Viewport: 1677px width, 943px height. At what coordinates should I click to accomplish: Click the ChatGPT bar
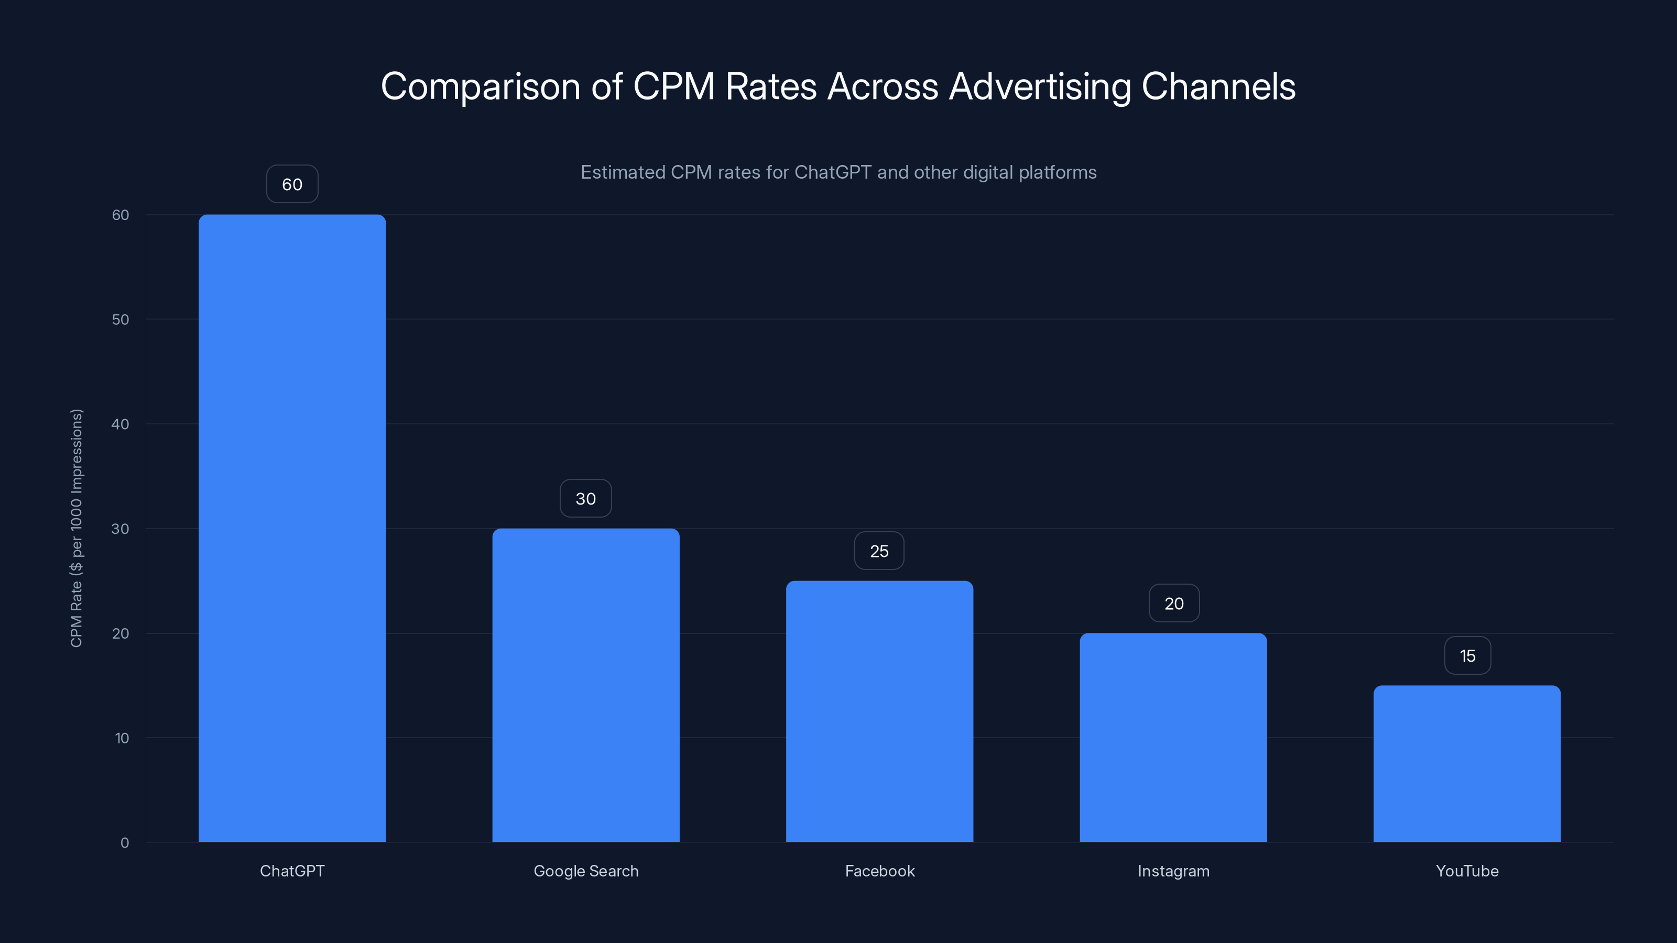(x=292, y=528)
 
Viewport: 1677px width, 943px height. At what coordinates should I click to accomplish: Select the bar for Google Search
(x=585, y=685)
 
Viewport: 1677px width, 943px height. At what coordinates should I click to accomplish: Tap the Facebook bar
(x=879, y=711)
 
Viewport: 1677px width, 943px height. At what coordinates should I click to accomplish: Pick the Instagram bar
(x=1173, y=737)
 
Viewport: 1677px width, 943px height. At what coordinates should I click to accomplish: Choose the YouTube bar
(x=1467, y=763)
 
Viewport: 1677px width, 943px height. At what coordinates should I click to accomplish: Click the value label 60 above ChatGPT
(x=292, y=184)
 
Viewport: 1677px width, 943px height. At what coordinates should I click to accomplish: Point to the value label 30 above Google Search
(x=585, y=499)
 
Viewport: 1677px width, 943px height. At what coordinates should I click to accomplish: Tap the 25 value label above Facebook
(x=879, y=551)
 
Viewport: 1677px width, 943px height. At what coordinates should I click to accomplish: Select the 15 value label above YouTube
(x=1467, y=656)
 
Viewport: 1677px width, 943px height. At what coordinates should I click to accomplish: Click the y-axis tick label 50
(x=121, y=320)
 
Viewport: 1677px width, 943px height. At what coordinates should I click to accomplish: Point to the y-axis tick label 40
(x=121, y=424)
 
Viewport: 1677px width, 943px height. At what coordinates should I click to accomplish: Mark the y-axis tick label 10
(x=122, y=738)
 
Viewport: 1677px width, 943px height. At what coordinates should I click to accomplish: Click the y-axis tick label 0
(x=124, y=843)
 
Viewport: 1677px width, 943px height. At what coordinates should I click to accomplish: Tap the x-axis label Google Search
(x=586, y=871)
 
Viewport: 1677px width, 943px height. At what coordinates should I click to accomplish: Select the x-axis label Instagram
(x=1173, y=871)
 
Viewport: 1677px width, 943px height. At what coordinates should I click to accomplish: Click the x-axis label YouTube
(x=1467, y=871)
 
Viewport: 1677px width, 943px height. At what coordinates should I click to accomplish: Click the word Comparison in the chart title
(x=480, y=86)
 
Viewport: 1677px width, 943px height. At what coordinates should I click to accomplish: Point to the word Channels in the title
(x=1218, y=86)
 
